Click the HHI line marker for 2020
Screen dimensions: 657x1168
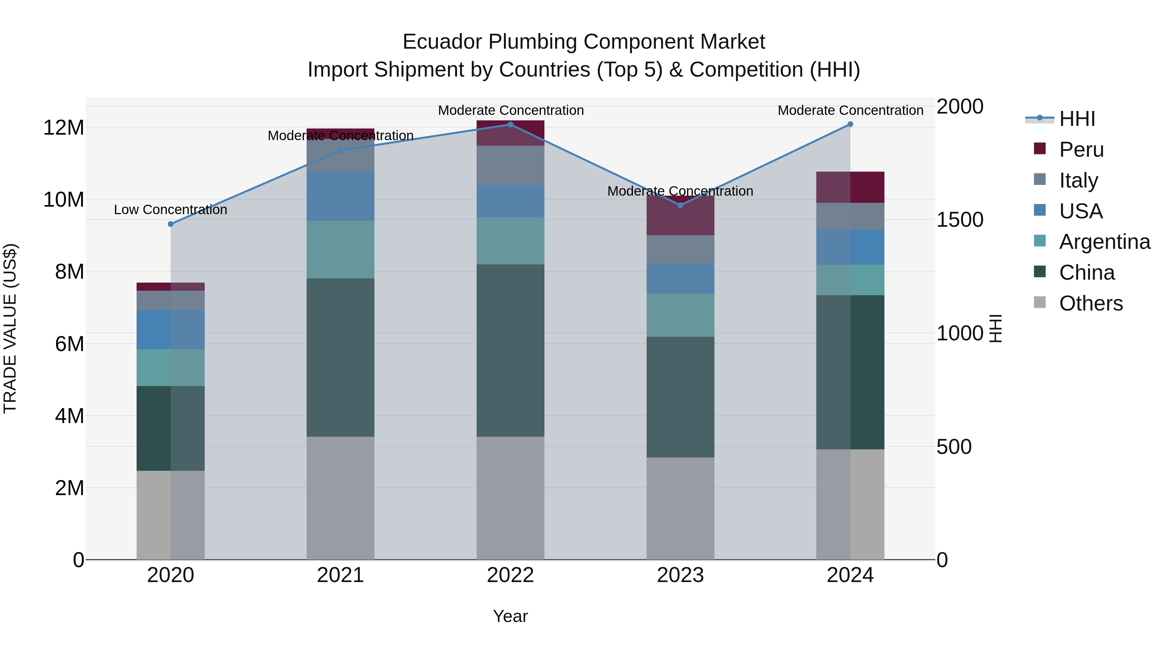click(x=170, y=224)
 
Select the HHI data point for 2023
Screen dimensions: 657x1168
click(x=680, y=205)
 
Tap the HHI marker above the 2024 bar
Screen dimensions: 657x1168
click(x=850, y=124)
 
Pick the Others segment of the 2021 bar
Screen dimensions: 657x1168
click(x=341, y=498)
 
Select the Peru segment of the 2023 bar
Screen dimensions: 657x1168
click(x=680, y=215)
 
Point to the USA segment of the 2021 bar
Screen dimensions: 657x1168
click(x=341, y=196)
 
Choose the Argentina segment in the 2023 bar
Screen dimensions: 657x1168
click(x=680, y=315)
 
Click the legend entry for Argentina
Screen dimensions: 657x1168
click(x=1104, y=242)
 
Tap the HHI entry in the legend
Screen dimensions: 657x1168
click(x=1077, y=119)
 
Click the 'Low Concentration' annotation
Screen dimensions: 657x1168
click(x=170, y=210)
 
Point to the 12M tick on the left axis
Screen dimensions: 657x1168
click(x=64, y=128)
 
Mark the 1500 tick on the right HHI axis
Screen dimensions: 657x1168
click(x=959, y=220)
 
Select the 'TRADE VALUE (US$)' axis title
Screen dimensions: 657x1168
click(x=10, y=328)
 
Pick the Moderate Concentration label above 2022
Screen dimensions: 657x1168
click(x=511, y=110)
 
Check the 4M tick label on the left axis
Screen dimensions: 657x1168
click(x=69, y=416)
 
